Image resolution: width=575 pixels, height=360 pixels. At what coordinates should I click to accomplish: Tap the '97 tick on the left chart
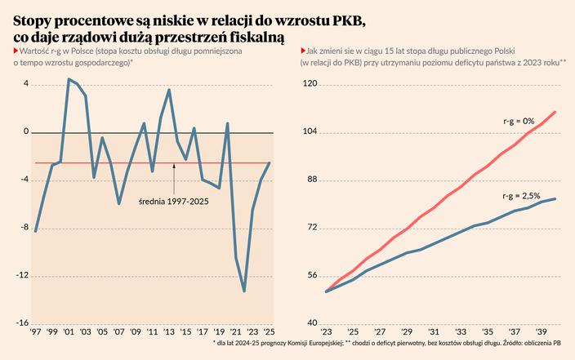(35, 333)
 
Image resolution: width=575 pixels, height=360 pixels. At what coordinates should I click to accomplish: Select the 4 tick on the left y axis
(26, 84)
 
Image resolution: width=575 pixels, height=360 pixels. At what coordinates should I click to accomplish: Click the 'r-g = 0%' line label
(518, 121)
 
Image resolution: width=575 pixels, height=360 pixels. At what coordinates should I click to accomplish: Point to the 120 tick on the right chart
(310, 84)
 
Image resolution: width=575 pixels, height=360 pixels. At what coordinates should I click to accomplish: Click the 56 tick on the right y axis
(313, 276)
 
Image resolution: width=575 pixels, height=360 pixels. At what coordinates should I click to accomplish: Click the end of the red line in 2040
(556, 112)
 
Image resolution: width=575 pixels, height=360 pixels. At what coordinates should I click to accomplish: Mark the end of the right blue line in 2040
(556, 198)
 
